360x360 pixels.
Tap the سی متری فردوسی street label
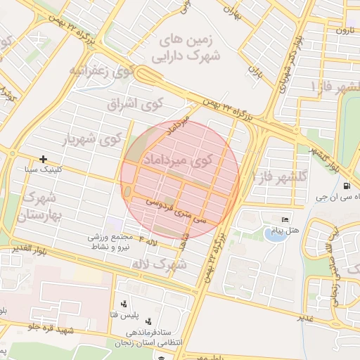(x=176, y=208)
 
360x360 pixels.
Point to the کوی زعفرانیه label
(x=101, y=71)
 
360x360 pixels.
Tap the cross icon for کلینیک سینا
(x=44, y=160)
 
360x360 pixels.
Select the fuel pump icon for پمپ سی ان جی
(x=348, y=186)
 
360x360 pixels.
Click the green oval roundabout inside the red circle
(x=128, y=193)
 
